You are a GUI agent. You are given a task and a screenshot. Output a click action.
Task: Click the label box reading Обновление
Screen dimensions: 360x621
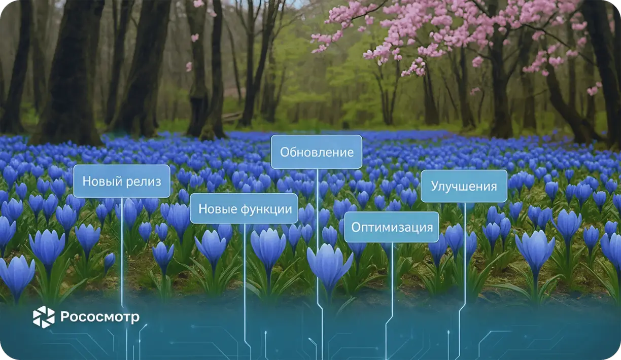point(317,152)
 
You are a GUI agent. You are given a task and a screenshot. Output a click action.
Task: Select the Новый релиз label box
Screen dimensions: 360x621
point(122,181)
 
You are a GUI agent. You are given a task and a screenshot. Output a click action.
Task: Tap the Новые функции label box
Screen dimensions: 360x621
point(244,208)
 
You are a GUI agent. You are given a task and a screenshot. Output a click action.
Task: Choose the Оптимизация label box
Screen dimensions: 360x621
point(392,227)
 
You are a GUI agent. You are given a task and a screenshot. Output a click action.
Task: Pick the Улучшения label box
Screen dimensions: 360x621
point(464,186)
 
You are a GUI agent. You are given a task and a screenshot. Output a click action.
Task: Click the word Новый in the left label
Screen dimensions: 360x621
point(100,181)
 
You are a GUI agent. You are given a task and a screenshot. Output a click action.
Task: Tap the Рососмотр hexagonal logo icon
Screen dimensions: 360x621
point(44,317)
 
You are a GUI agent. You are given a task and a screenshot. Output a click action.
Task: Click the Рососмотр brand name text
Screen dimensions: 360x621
point(100,317)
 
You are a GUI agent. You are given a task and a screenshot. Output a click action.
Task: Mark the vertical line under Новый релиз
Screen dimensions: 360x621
point(122,243)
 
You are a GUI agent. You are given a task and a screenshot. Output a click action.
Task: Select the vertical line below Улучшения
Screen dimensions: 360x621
point(465,254)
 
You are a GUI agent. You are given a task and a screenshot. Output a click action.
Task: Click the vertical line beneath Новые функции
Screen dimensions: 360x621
point(245,274)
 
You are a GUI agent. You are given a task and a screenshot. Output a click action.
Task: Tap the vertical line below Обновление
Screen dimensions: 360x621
point(318,228)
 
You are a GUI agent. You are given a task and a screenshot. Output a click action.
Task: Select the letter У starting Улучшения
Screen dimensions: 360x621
point(435,186)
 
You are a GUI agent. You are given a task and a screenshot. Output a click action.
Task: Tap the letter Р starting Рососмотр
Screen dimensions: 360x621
point(64,317)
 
